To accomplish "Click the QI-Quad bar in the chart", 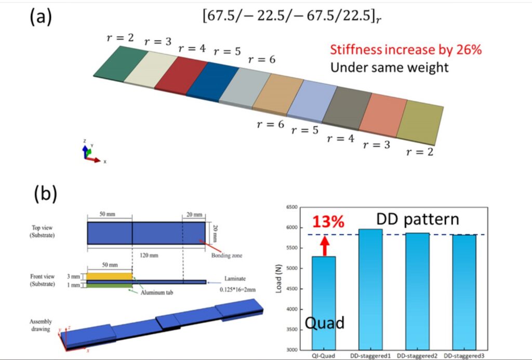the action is (x=324, y=303).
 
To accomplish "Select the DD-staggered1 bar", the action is (x=370, y=289).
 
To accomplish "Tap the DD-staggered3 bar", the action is (x=464, y=292).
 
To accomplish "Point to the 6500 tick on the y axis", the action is (x=292, y=207).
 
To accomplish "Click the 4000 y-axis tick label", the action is (x=292, y=309).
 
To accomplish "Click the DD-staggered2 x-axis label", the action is (x=417, y=356).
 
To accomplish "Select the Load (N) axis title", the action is (x=279, y=278).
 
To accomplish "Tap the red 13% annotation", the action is (x=328, y=222).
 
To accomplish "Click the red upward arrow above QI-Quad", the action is (x=325, y=246).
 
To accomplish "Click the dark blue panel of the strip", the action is (x=212, y=82).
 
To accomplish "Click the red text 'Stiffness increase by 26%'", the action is (x=406, y=49).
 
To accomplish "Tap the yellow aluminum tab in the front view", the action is (x=109, y=276).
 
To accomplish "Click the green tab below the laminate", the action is (x=109, y=286).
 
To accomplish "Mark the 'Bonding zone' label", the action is (x=227, y=256).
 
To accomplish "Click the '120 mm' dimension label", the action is (x=149, y=255).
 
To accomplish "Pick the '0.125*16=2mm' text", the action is (x=237, y=290).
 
